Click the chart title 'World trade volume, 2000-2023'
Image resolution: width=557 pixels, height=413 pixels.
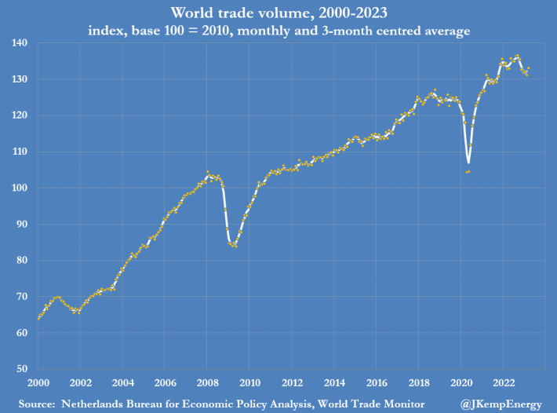(x=278, y=13)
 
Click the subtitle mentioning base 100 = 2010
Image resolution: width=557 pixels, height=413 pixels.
(x=278, y=31)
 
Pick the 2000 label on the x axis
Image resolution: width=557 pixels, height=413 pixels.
(x=38, y=382)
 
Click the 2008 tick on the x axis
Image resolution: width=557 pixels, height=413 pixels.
(x=207, y=382)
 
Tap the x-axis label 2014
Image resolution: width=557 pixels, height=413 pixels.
(x=334, y=382)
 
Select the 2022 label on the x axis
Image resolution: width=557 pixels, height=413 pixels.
(x=504, y=382)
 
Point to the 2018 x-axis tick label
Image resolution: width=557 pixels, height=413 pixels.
(x=419, y=382)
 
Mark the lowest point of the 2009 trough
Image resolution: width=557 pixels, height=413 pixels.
(x=234, y=246)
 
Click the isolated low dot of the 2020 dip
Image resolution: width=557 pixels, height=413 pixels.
(x=468, y=171)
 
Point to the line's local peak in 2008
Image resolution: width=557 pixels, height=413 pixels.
(x=208, y=172)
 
